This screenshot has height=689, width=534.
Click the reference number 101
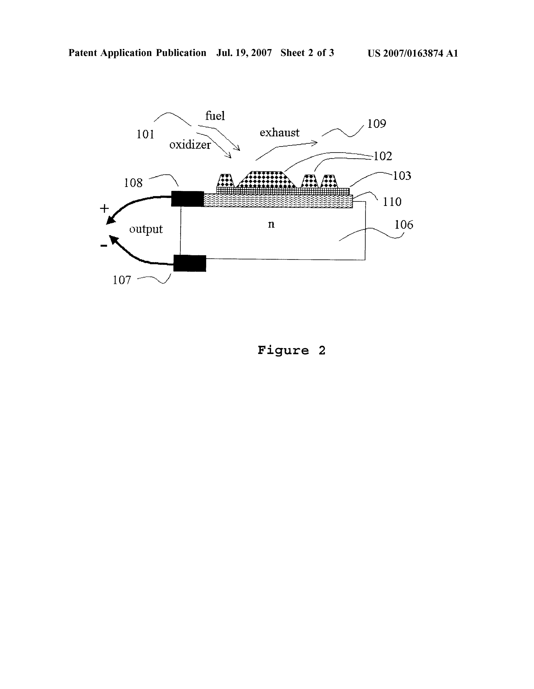click(145, 135)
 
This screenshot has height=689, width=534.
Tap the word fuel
click(215, 116)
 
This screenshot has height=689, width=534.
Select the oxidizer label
click(190, 145)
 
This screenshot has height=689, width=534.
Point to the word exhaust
click(280, 133)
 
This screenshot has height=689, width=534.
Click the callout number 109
click(377, 124)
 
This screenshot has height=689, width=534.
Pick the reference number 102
click(383, 156)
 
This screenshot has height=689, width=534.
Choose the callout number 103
click(402, 176)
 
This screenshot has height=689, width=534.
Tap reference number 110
click(392, 202)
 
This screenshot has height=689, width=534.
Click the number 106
click(404, 225)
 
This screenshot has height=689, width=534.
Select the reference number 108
click(133, 183)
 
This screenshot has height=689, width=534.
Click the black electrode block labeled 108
click(188, 199)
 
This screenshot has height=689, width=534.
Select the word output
click(146, 229)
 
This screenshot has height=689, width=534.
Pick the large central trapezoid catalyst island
click(267, 180)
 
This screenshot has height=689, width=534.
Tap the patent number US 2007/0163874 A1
click(413, 53)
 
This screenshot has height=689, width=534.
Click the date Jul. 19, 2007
click(244, 53)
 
